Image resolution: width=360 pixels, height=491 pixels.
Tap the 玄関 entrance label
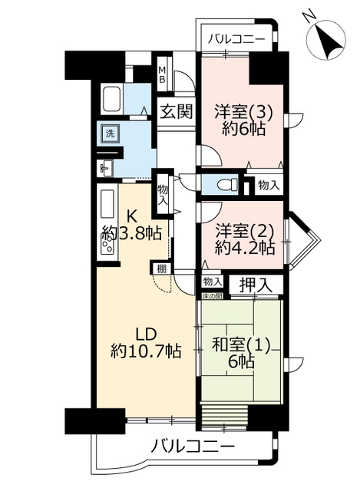[x=176, y=111]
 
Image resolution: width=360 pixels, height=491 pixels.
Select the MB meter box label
[x=162, y=74]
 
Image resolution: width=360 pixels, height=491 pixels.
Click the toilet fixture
[x=227, y=184]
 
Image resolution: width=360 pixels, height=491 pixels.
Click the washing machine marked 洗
[x=110, y=133]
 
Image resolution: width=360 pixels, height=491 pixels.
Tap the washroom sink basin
[x=106, y=167]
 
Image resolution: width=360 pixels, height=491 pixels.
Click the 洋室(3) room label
[x=243, y=113]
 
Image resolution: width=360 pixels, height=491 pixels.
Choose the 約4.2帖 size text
[x=245, y=249]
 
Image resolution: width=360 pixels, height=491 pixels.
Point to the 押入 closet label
[x=256, y=285]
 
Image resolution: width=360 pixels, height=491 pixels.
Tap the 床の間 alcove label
[x=212, y=295]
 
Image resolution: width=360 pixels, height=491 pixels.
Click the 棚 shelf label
[x=162, y=269]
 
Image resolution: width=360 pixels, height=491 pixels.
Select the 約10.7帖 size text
[x=146, y=351]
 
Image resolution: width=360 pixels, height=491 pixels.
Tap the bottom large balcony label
[x=193, y=446]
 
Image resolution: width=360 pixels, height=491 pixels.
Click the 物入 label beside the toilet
[x=269, y=186]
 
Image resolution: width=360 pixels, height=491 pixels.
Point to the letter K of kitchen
[x=131, y=216]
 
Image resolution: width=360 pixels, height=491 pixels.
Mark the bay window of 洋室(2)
[x=302, y=240]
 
